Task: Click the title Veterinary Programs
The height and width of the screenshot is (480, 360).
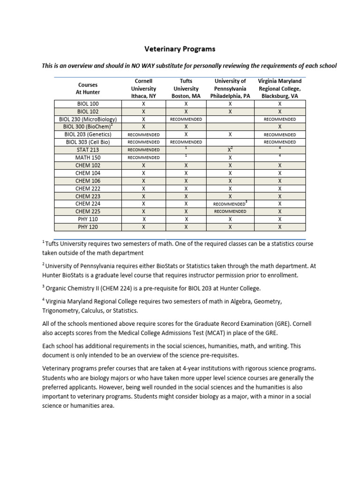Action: coord(180,49)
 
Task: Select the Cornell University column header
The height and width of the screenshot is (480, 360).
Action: coord(143,89)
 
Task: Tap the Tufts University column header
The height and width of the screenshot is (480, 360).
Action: coord(186,89)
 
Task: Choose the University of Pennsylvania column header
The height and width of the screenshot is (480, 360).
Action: coord(230,89)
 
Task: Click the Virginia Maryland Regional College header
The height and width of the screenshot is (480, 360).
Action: coord(280,89)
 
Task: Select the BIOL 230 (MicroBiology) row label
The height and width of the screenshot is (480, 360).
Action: coord(87,119)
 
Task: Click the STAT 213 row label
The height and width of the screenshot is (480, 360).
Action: coord(87,150)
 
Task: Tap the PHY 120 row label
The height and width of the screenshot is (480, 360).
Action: coord(87,227)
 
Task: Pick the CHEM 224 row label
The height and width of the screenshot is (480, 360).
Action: coord(87,204)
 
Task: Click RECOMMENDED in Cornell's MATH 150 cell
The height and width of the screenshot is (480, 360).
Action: coord(143,158)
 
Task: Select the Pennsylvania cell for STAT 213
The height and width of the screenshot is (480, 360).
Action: coord(230,150)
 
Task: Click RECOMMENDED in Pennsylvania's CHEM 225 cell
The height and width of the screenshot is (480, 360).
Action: coord(230,211)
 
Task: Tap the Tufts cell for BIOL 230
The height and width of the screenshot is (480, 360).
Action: coord(186,119)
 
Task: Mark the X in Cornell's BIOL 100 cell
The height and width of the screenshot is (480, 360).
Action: coord(143,104)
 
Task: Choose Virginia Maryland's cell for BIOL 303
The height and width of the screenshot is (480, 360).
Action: coord(280,142)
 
